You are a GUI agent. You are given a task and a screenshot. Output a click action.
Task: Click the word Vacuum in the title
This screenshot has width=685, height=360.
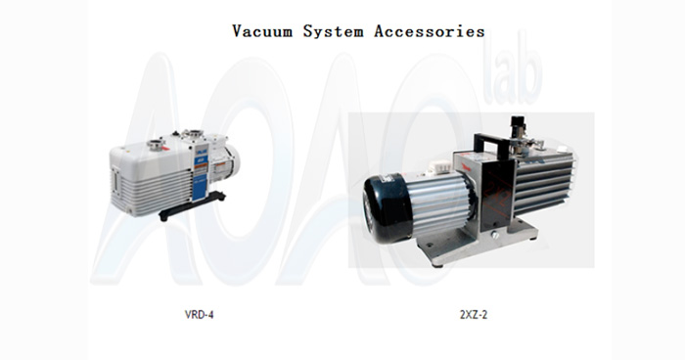[265, 30]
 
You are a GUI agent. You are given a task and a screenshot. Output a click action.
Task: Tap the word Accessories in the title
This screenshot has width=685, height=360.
[431, 30]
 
